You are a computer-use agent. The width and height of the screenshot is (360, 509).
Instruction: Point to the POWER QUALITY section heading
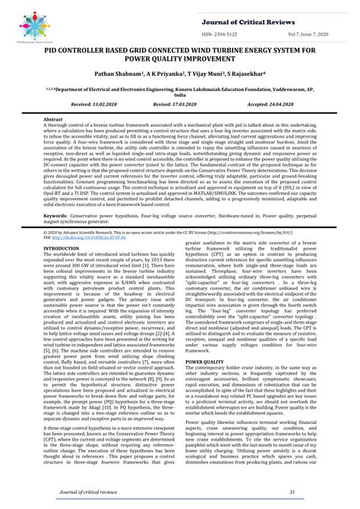(x=205, y=341)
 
